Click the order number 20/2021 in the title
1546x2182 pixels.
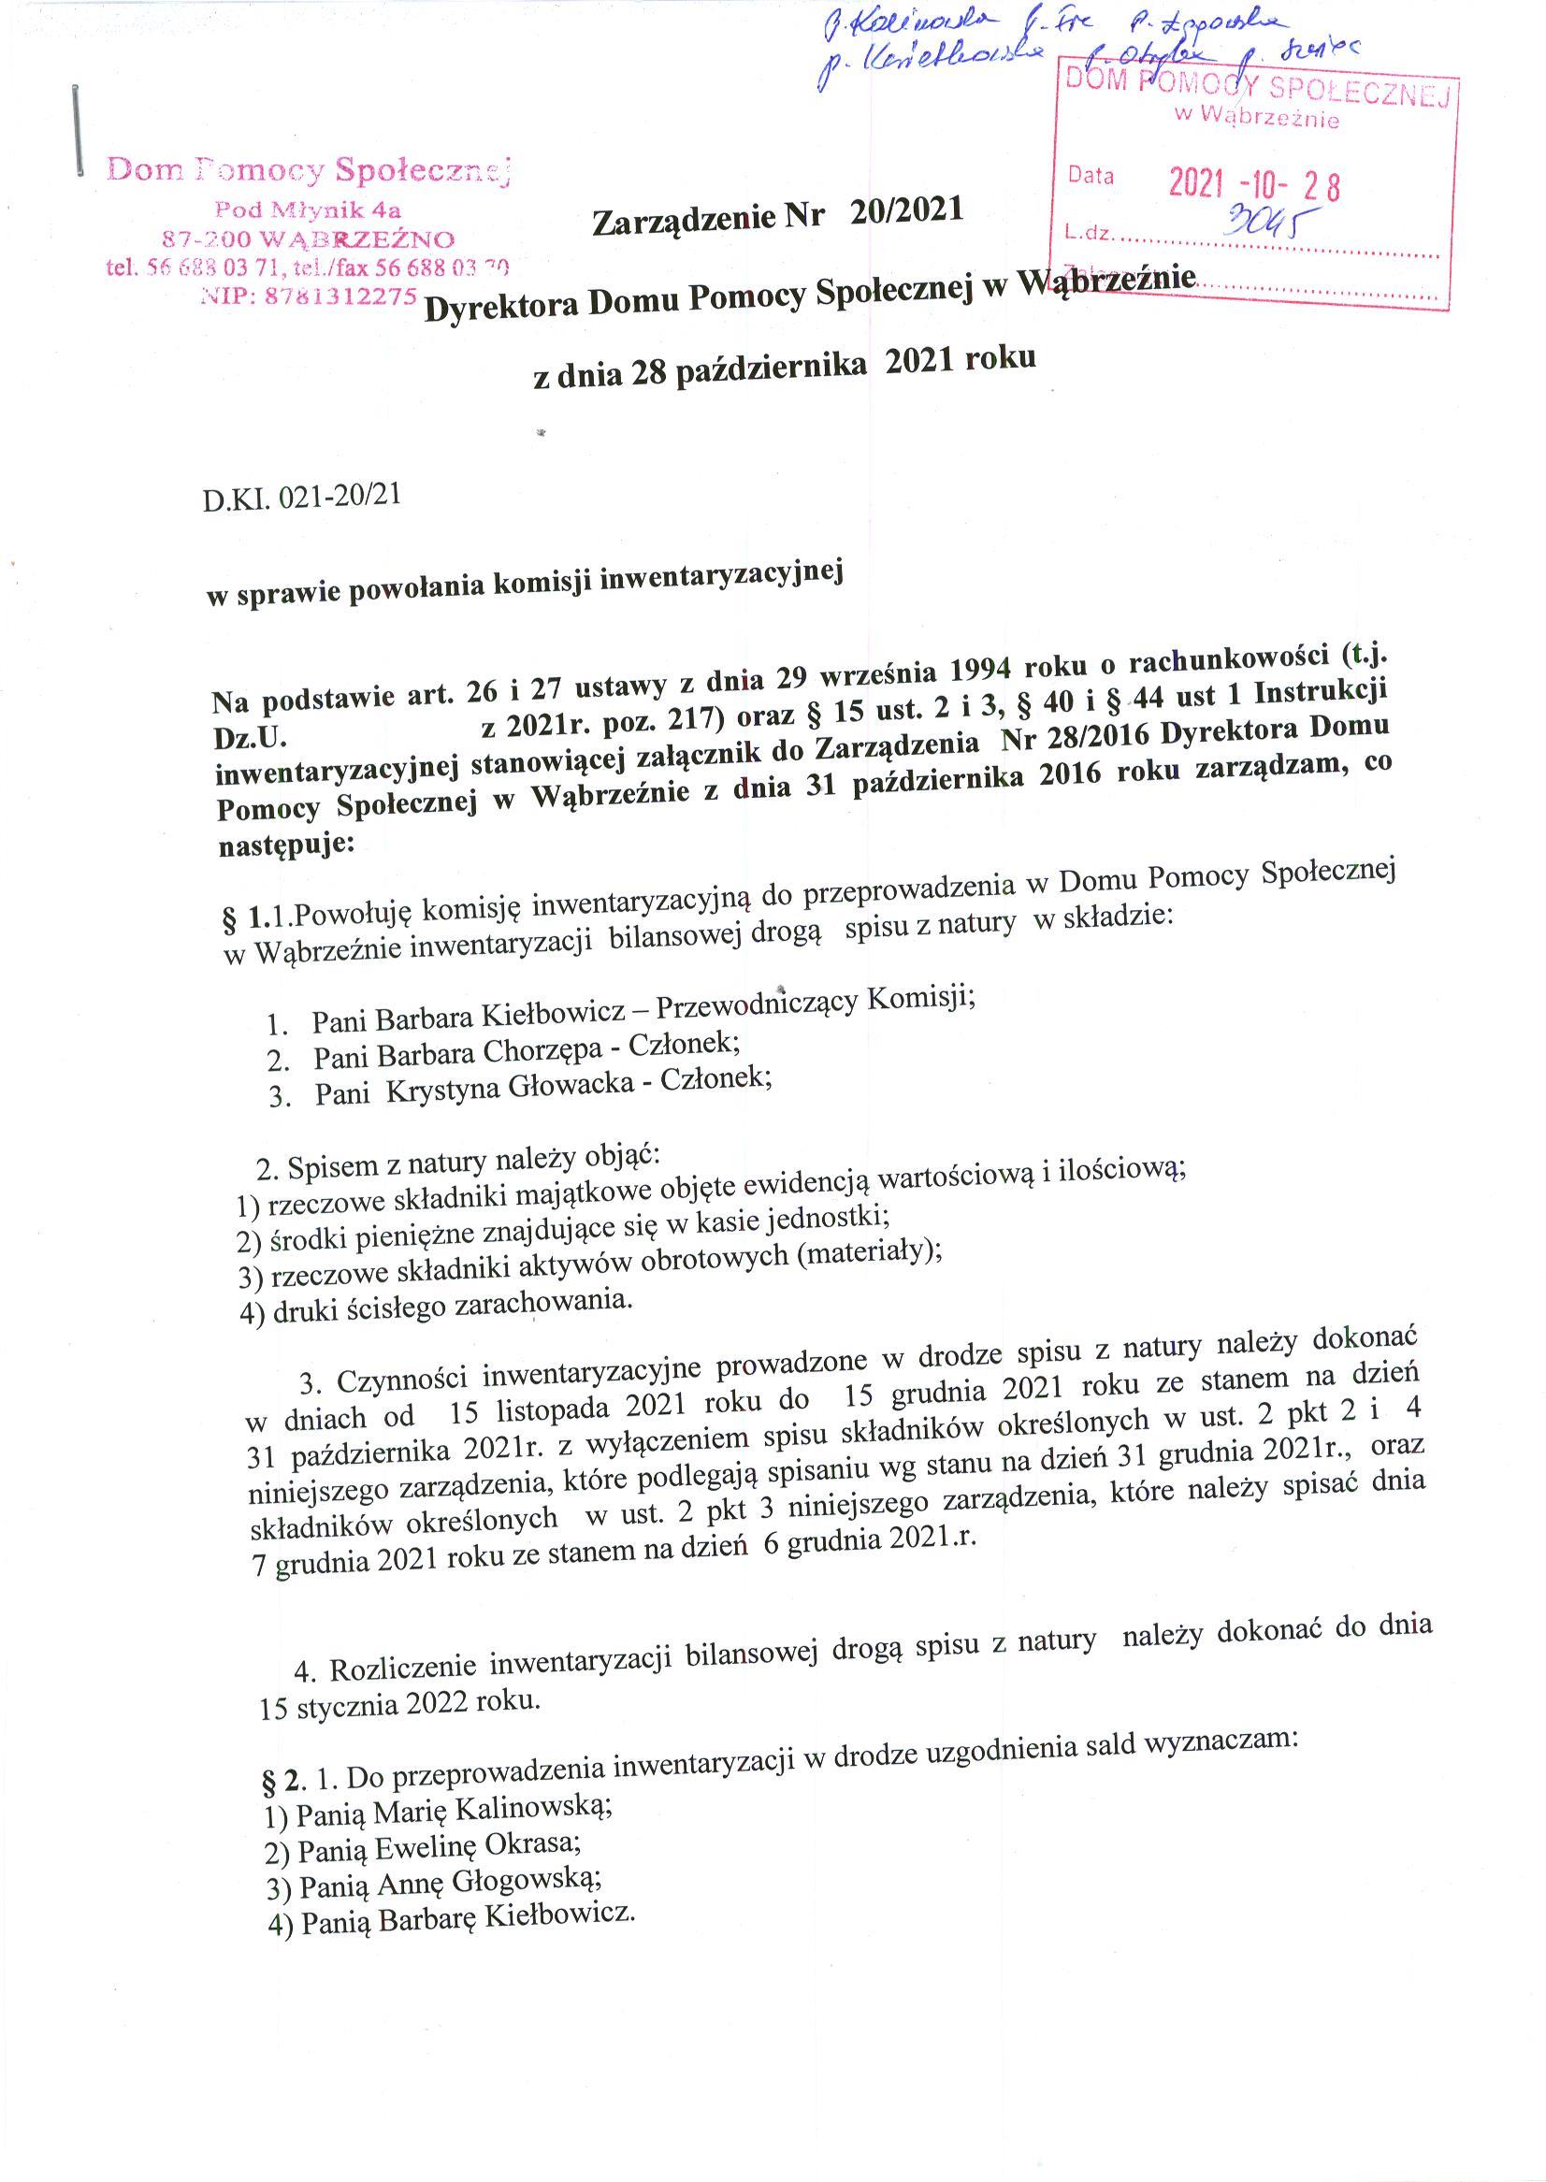[x=906, y=211]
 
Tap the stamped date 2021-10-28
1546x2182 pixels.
[x=1254, y=182]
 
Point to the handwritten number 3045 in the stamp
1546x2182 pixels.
[x=1267, y=224]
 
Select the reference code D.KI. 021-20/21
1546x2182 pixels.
[x=301, y=498]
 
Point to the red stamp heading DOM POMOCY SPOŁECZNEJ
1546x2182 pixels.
[x=1257, y=90]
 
